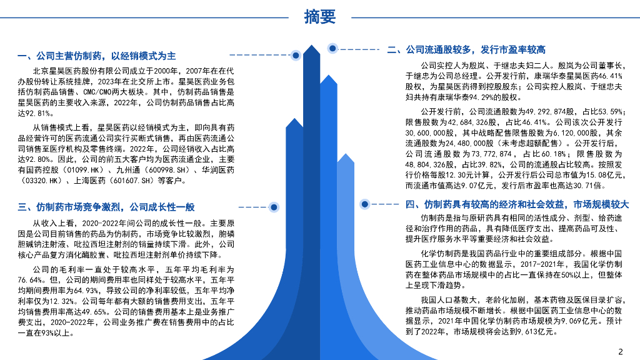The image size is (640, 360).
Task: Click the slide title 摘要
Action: [x=319, y=17]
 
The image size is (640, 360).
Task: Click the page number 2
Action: [x=620, y=351]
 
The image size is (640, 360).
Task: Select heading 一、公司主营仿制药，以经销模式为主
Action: [x=97, y=56]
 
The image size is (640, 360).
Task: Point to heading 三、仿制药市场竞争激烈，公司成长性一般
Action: [x=106, y=207]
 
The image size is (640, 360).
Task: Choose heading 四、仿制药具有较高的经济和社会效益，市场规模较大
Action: [x=517, y=204]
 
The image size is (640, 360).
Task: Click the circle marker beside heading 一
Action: [x=296, y=56]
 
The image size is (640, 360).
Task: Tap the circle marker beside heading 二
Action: [x=332, y=49]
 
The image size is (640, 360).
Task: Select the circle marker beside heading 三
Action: [x=273, y=207]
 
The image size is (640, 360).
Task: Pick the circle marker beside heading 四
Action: [x=366, y=204]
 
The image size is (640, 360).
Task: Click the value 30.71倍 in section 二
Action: [x=590, y=186]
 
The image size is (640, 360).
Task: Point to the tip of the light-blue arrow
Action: [x=346, y=156]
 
